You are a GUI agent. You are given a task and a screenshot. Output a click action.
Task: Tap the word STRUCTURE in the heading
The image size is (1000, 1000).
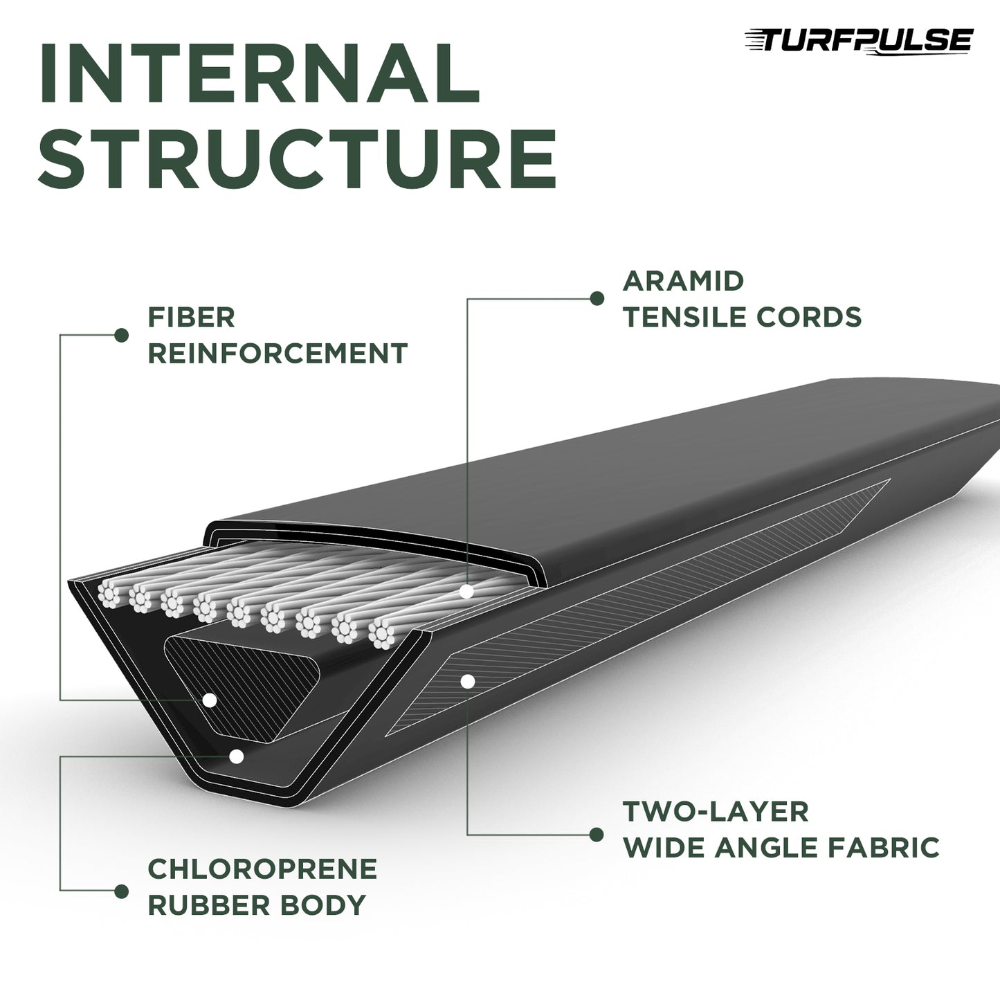click(x=298, y=157)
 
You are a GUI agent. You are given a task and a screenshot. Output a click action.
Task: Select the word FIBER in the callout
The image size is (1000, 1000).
click(x=192, y=318)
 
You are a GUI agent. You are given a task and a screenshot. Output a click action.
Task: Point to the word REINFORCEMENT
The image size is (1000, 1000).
click(x=278, y=354)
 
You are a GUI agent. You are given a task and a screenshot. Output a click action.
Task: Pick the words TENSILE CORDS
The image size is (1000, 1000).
click(x=742, y=317)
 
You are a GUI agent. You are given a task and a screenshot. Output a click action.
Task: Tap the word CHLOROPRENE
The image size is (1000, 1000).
click(x=263, y=869)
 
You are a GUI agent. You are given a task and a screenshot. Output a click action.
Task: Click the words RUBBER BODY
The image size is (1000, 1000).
click(x=257, y=905)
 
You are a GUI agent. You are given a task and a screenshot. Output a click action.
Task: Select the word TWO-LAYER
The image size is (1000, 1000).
click(x=716, y=812)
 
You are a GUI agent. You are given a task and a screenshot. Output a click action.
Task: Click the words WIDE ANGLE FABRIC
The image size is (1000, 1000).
click(x=781, y=848)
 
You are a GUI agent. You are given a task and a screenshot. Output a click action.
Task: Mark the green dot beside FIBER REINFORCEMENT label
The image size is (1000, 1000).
click(x=122, y=336)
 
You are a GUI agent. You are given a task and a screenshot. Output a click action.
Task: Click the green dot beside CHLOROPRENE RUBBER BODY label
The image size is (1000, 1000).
click(x=122, y=891)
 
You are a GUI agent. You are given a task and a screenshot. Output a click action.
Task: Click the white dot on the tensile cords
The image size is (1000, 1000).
click(x=467, y=592)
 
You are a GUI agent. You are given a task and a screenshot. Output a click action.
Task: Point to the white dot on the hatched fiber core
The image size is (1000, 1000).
click(x=210, y=700)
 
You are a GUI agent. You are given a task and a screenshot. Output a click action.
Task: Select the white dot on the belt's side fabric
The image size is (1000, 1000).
click(x=468, y=682)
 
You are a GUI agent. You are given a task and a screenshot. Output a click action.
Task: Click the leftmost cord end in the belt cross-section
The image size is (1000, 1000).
click(x=109, y=593)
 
